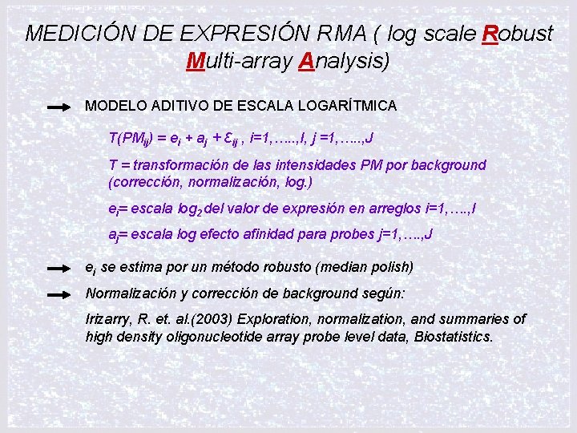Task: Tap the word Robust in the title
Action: click(x=518, y=34)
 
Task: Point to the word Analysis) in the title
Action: click(x=344, y=61)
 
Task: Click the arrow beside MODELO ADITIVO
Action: click(x=59, y=106)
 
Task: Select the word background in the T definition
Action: click(x=446, y=165)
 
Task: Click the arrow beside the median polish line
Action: click(x=59, y=267)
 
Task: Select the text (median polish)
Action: click(x=366, y=266)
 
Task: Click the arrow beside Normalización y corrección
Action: click(x=59, y=294)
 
